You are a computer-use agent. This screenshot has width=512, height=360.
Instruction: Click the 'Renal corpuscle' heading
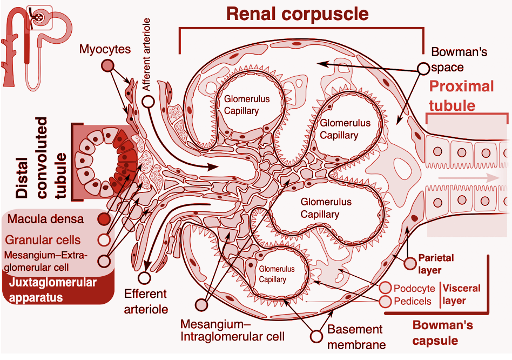[297, 14]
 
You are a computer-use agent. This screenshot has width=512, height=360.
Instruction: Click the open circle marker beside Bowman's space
[423, 68]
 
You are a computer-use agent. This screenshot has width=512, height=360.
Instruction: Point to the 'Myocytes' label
[105, 49]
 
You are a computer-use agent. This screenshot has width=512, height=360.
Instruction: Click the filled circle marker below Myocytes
[108, 66]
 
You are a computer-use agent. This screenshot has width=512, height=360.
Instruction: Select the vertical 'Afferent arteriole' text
[146, 55]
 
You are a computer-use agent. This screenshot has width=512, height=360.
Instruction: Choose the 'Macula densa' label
[46, 219]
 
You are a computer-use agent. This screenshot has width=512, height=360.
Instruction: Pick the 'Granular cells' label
[43, 239]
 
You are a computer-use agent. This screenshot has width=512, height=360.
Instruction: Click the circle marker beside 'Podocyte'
[386, 289]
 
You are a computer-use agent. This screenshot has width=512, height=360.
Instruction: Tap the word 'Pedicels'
[413, 301]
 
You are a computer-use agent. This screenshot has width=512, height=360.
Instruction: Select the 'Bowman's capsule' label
[443, 333]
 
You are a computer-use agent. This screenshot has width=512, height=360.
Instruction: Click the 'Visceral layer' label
[462, 295]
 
